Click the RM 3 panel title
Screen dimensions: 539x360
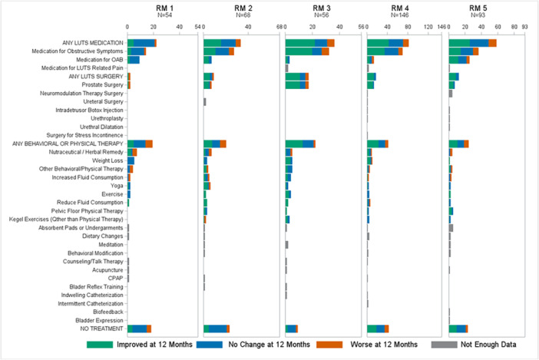coord(322,8)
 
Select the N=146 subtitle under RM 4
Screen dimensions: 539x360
coord(399,15)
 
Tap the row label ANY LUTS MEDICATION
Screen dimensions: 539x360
coord(92,43)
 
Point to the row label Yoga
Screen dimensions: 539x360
coord(117,186)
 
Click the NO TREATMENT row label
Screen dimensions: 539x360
coord(102,329)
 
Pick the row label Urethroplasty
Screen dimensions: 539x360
coord(107,118)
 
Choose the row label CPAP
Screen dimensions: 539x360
coord(115,278)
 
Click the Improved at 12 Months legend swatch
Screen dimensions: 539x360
coord(100,345)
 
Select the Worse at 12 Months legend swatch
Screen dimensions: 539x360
coord(329,345)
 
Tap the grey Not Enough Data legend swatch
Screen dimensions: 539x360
coord(444,345)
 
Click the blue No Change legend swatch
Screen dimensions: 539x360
coord(210,345)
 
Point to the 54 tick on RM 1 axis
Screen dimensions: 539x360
coord(197,27)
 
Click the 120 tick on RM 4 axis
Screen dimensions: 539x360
coord(428,27)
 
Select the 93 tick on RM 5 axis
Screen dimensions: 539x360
coord(524,27)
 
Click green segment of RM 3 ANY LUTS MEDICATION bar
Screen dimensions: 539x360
coord(300,43)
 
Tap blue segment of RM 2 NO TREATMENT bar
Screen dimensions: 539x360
coord(217,329)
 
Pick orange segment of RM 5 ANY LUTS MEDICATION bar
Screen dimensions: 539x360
coord(493,43)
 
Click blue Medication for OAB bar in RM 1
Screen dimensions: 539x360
coord(134,60)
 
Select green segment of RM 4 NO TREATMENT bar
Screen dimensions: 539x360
coord(372,329)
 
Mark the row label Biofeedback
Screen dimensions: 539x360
coord(108,312)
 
